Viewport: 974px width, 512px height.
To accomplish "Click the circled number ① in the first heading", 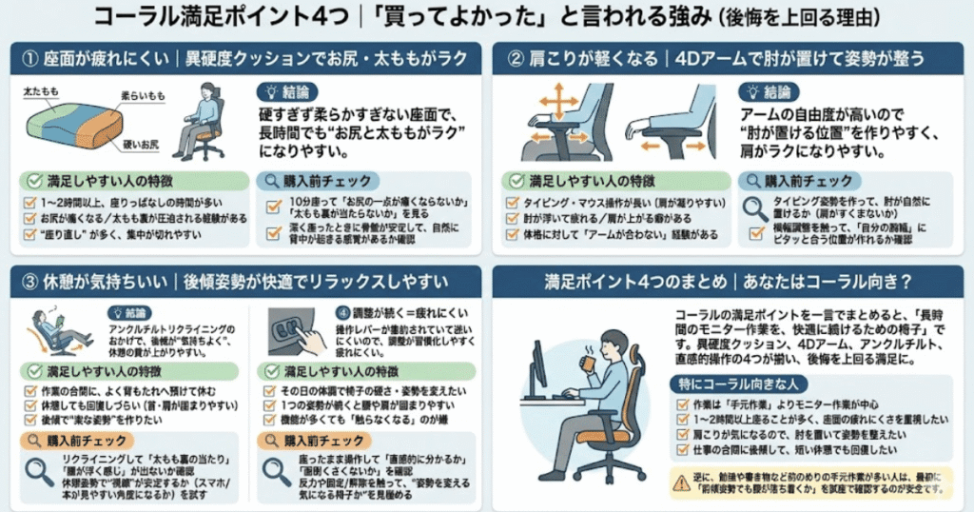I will click(31, 58).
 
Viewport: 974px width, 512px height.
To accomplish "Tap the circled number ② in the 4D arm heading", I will click(516, 58).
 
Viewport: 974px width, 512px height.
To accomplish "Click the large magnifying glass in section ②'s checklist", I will click(756, 208).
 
